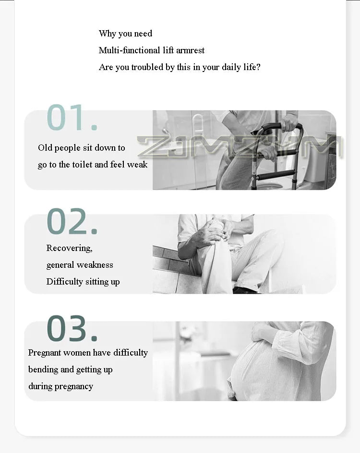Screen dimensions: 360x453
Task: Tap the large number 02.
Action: point(72,221)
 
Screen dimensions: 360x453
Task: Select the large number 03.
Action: point(72,328)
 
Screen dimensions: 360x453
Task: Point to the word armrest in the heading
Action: point(190,50)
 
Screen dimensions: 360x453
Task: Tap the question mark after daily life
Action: point(258,67)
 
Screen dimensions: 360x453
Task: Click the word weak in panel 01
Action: point(137,165)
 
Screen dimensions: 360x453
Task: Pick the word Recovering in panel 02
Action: point(69,248)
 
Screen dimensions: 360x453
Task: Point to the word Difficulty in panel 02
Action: point(64,282)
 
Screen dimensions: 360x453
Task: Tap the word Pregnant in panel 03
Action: point(45,353)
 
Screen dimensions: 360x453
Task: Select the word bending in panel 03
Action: point(43,370)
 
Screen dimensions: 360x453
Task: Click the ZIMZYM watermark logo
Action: point(240,147)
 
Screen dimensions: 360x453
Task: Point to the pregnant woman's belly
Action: point(254,370)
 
